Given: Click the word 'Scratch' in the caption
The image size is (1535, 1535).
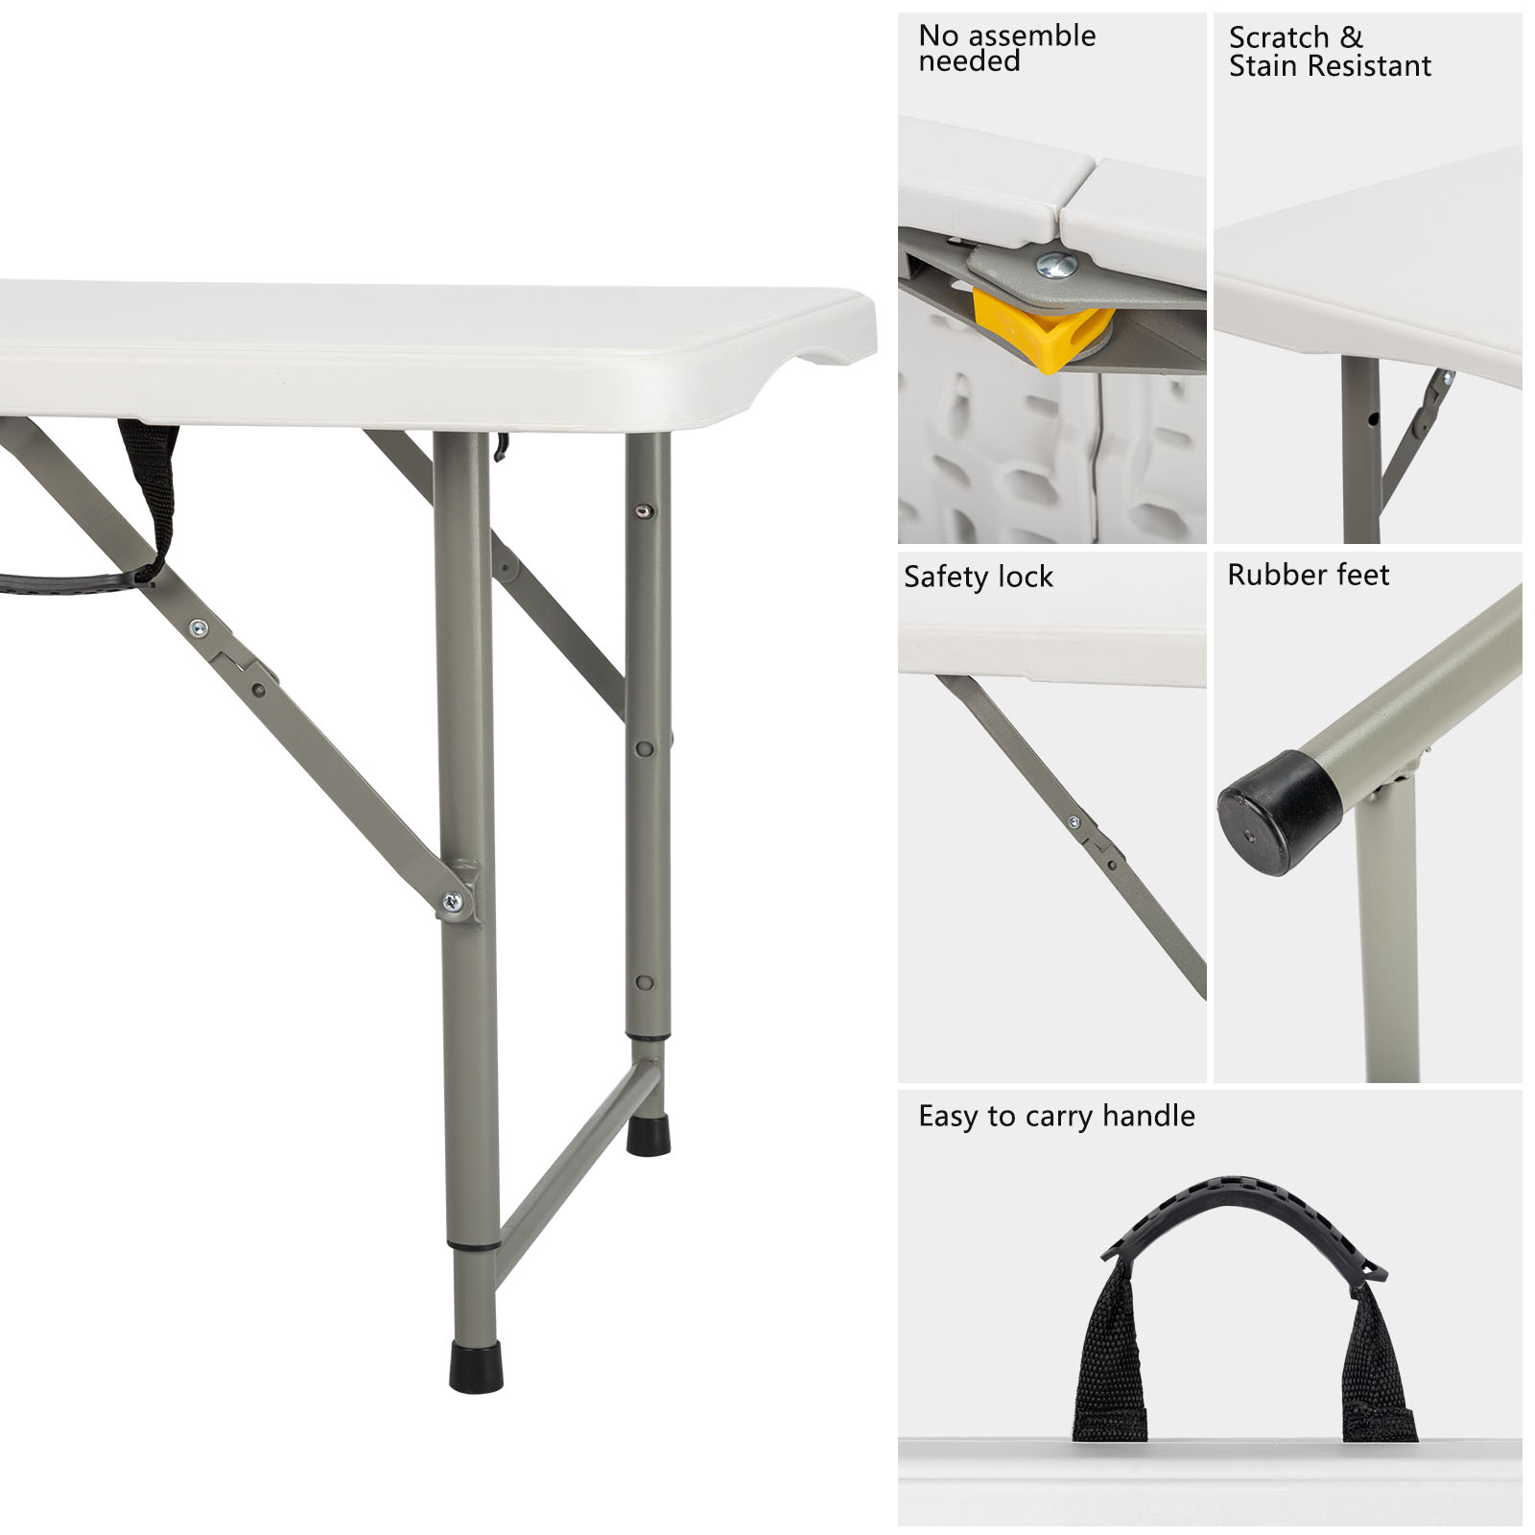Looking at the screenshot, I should tap(1278, 37).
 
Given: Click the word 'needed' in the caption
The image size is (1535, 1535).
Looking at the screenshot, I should tap(969, 62).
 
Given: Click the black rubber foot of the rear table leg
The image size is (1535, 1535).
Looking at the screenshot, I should tap(649, 1135).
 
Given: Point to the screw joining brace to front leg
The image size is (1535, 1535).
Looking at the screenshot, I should tap(452, 902).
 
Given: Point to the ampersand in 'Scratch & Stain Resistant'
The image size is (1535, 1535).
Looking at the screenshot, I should tap(1351, 37).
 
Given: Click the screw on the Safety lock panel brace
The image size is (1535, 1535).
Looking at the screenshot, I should tap(1074, 822).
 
